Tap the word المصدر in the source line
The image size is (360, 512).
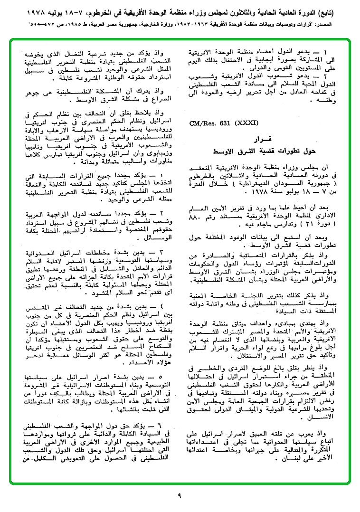tap(345, 21)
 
